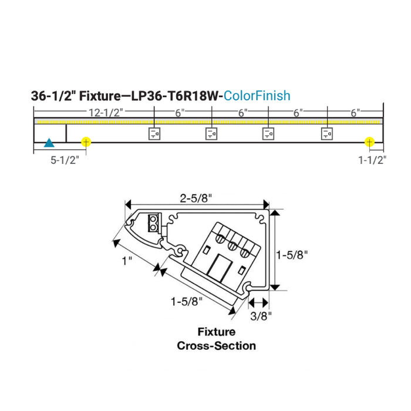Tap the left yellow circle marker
[86, 142]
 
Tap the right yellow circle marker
[369, 142]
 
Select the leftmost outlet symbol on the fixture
[154, 134]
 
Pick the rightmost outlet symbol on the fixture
[327, 134]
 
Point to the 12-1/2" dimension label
[106, 112]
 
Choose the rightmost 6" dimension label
[355, 112]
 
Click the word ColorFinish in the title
[257, 96]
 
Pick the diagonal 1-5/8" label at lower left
[186, 301]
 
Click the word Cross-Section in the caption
[217, 345]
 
